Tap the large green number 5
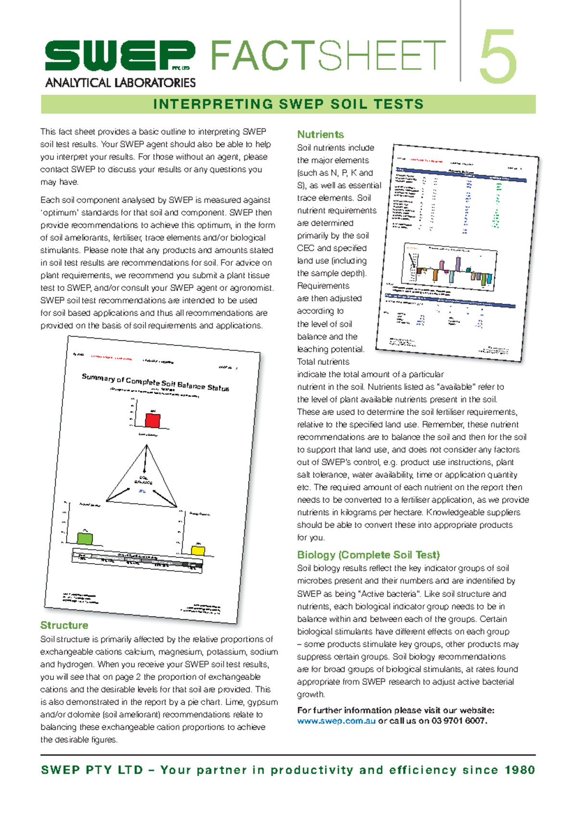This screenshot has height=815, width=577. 498,57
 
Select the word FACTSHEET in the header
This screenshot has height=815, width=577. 328,56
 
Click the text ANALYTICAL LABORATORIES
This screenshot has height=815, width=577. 120,83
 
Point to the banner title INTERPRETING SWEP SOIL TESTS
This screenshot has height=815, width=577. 288,104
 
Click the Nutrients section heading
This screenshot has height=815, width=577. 320,135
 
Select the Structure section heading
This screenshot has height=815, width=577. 64,625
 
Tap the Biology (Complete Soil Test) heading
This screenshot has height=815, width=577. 368,555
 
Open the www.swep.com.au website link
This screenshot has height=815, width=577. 336,721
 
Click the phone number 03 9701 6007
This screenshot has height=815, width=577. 459,721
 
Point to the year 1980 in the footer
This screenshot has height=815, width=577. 520,770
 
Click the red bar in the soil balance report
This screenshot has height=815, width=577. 152,420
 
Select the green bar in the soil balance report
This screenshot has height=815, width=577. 85,538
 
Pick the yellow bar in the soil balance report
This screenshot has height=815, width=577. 198,550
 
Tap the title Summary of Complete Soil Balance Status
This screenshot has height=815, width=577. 155,382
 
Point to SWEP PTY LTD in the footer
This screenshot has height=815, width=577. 92,770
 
